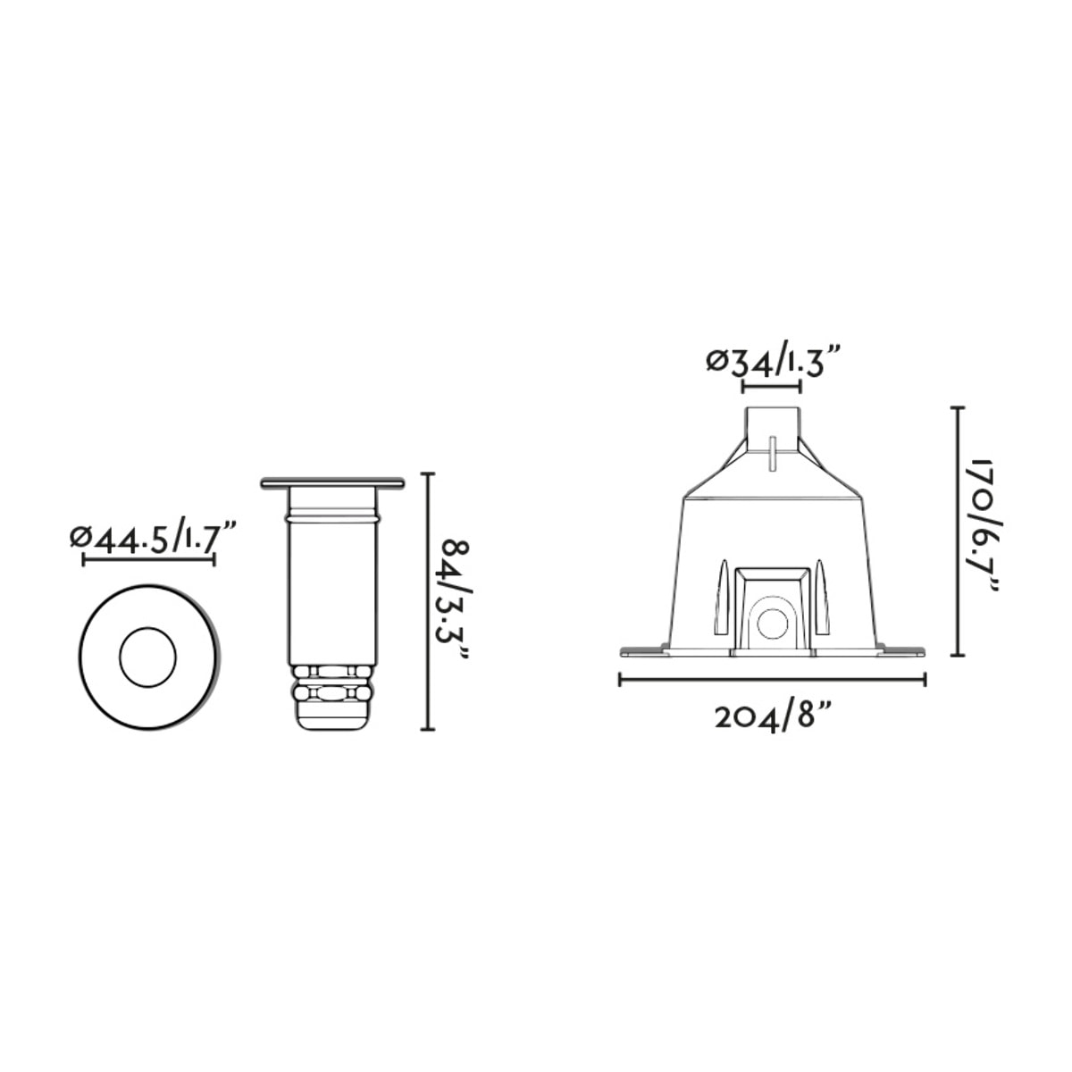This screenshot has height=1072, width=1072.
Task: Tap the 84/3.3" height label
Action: point(456,602)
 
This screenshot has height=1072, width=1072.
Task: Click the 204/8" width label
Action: point(774,716)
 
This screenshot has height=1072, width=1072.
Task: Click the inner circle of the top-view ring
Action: point(147,657)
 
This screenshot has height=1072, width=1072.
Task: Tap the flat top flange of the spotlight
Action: point(332,483)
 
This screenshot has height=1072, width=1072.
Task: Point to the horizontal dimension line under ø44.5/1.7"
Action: point(149,560)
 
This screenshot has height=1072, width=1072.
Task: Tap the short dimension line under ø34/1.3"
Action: point(772,387)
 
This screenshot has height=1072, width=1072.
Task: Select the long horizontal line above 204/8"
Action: point(773,681)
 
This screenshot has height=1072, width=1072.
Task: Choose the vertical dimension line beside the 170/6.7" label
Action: point(958,531)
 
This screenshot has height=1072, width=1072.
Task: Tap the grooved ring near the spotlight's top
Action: point(331,515)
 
